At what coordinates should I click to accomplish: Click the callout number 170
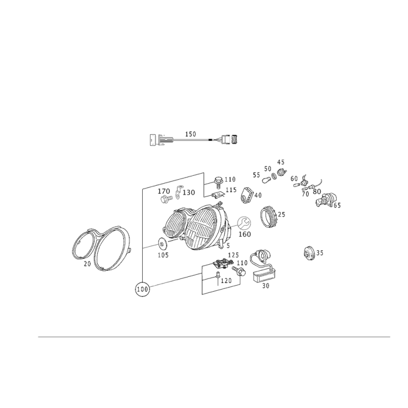pos(164,190)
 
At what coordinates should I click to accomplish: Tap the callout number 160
pos(245,235)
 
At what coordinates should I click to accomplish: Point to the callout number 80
pos(317,192)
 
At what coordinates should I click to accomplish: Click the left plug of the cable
pos(159,139)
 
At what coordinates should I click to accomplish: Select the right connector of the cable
pos(231,138)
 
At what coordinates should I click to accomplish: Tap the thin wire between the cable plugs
pos(194,139)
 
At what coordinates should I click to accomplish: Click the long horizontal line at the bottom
pos(214,337)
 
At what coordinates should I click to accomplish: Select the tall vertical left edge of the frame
pos(141,235)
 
